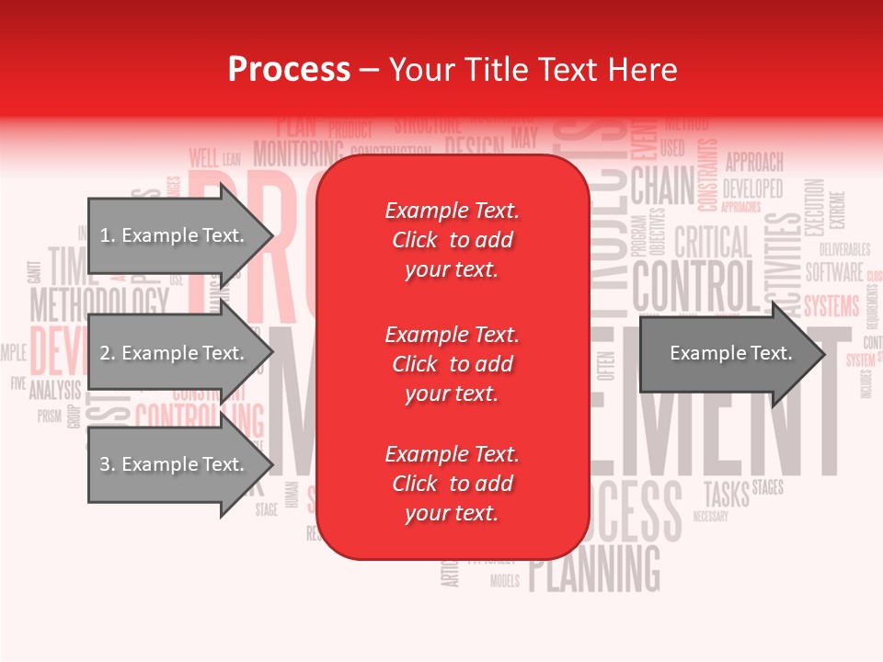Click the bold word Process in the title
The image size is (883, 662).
289,70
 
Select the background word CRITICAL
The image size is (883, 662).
712,243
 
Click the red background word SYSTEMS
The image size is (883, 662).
831,305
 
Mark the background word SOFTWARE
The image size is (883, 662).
834,272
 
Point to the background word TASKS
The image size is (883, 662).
727,493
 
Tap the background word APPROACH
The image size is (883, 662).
754,163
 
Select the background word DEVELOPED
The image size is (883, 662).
752,188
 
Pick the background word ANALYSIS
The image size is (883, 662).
55,390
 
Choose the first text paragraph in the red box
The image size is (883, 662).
452,240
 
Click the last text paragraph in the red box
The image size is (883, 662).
452,484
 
